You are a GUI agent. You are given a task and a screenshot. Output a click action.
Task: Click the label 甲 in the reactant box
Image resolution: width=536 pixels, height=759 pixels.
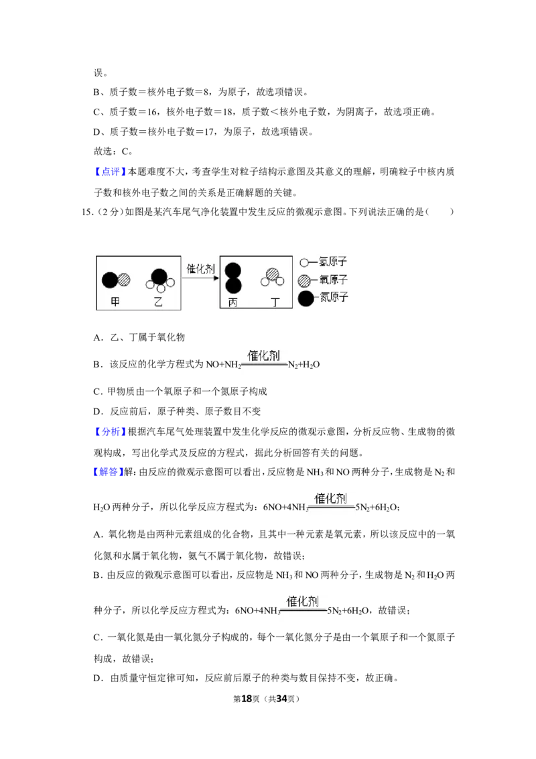[115, 302]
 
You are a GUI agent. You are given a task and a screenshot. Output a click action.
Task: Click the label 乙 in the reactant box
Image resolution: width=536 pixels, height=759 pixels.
[157, 302]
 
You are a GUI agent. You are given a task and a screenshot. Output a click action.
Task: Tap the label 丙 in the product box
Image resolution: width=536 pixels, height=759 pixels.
[232, 302]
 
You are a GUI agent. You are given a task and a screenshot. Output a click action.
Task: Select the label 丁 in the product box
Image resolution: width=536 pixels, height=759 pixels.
[275, 302]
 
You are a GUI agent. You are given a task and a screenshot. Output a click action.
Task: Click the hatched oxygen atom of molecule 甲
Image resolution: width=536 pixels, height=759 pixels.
[125, 280]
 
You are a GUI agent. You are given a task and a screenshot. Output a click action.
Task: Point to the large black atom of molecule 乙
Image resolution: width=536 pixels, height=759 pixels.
[159, 276]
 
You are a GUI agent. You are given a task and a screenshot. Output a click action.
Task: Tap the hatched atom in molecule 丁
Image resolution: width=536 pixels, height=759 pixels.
[273, 275]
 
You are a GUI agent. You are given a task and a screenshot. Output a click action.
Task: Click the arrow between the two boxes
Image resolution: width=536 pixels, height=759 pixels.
[200, 278]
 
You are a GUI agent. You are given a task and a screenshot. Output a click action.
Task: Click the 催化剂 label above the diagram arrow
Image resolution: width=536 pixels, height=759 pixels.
[200, 269]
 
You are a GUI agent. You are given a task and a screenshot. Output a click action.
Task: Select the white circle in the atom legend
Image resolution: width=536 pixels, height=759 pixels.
[304, 263]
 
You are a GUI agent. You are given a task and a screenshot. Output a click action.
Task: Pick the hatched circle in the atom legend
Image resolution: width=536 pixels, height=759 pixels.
[304, 280]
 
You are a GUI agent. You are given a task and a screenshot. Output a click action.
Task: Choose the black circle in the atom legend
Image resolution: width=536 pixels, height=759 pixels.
[306, 298]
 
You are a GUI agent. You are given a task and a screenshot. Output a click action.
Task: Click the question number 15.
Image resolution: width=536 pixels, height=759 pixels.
[86, 212]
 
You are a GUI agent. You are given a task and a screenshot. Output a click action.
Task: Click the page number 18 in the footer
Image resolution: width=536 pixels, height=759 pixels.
[247, 699]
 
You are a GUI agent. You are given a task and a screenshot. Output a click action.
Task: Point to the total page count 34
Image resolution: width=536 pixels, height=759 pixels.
[281, 699]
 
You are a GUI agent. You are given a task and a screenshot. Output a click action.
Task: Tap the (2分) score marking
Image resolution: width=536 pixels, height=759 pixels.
[109, 212]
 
